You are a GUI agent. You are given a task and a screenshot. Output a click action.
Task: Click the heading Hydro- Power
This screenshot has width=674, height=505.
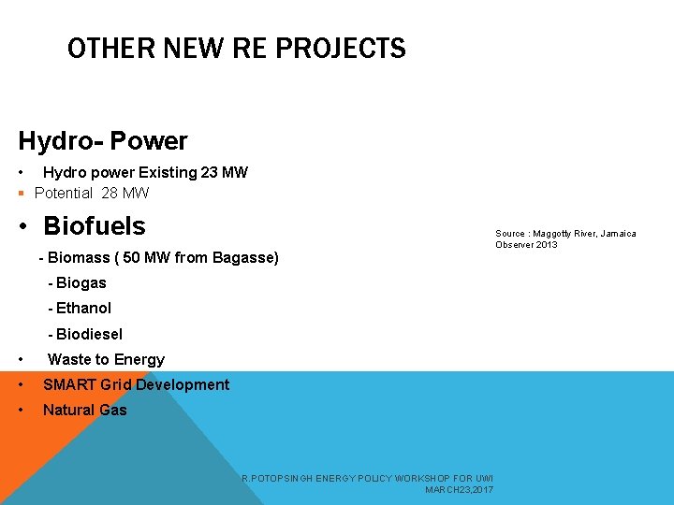click(103, 141)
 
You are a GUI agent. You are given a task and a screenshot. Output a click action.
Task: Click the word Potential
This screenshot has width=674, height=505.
click(64, 194)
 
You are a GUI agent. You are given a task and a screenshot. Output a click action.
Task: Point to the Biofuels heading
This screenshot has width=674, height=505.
click(95, 226)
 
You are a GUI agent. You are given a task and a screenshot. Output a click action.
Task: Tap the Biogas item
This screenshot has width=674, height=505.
click(81, 282)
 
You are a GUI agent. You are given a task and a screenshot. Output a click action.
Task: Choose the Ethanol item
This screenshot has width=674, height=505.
click(83, 308)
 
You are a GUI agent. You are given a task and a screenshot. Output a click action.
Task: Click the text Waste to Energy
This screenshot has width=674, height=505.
click(106, 359)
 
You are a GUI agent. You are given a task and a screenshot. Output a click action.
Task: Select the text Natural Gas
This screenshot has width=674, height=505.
click(84, 410)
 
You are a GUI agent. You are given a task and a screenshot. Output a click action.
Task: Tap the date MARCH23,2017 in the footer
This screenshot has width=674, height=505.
click(459, 489)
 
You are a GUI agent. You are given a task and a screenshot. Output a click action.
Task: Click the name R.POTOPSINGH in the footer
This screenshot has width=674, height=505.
click(274, 478)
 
